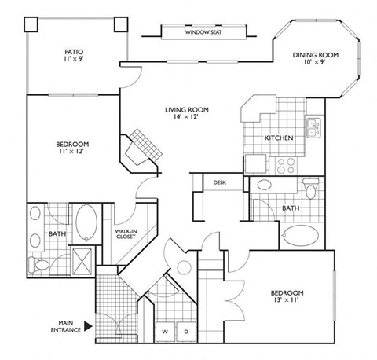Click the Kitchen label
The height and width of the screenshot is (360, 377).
279,138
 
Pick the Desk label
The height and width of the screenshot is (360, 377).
219,182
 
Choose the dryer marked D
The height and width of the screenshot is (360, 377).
185,332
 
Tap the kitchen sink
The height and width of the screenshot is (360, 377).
312,126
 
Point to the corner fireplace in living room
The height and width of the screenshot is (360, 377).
144,145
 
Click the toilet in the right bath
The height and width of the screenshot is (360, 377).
311,189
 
